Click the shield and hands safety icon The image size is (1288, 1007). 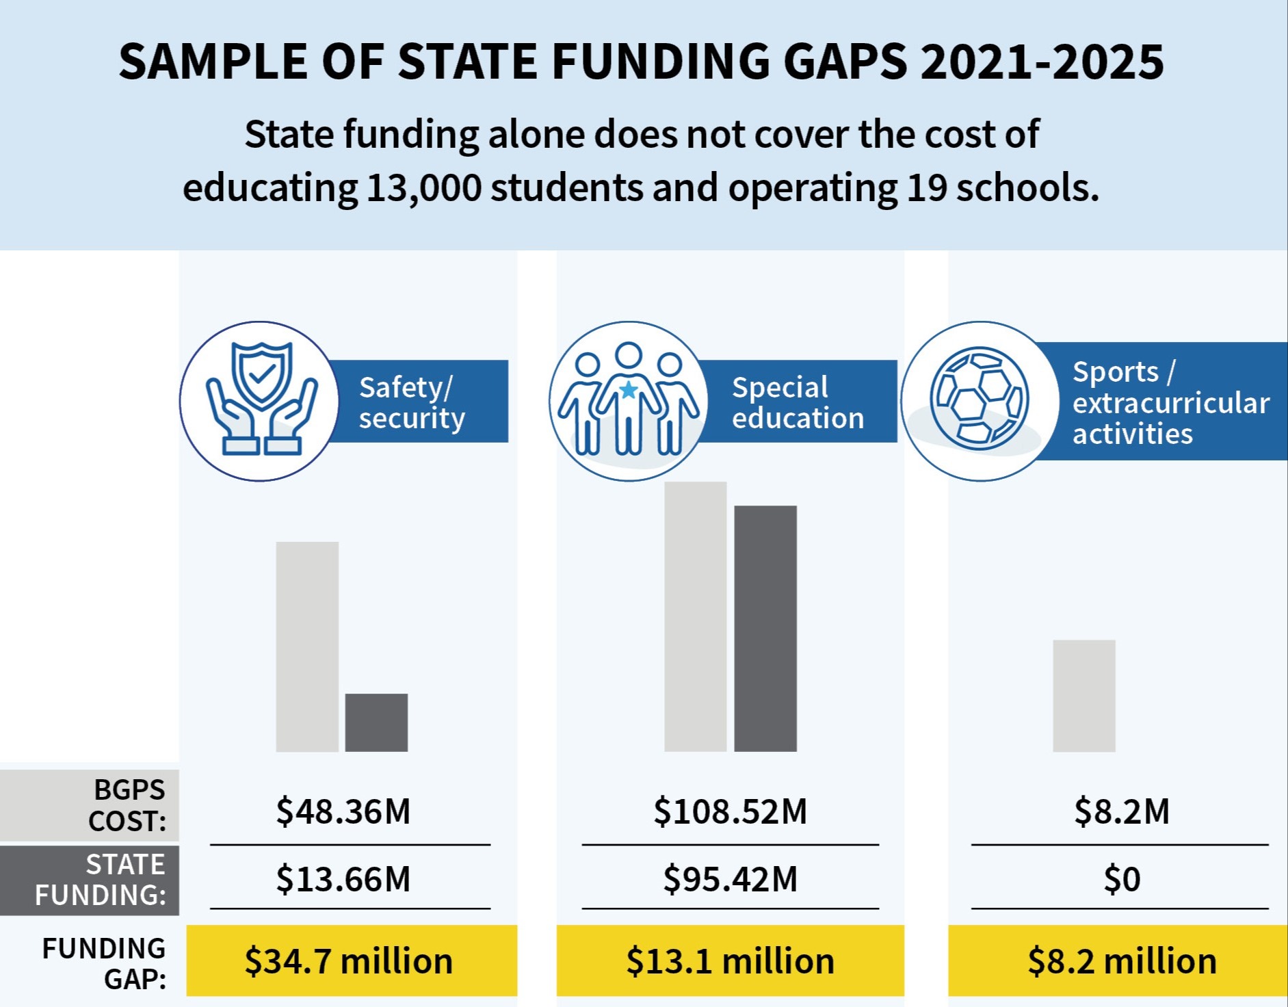point(260,401)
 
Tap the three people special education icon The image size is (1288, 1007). point(628,401)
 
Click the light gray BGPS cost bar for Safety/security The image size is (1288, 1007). point(307,646)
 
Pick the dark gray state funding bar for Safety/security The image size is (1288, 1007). point(376,722)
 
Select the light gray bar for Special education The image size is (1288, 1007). point(695,616)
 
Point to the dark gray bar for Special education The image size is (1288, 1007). point(765,628)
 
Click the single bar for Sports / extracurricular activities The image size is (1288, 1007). point(1084,696)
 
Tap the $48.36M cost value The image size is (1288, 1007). point(343,811)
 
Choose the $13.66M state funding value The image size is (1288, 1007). point(343,879)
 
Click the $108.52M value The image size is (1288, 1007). point(731,811)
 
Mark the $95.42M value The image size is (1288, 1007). point(731,879)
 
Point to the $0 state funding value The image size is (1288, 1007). point(1122,879)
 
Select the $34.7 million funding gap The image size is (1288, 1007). point(349,961)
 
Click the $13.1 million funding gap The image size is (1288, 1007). point(731,961)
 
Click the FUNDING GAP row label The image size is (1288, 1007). point(104,963)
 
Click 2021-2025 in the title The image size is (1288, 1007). point(1042,62)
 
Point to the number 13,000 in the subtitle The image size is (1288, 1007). point(424,188)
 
